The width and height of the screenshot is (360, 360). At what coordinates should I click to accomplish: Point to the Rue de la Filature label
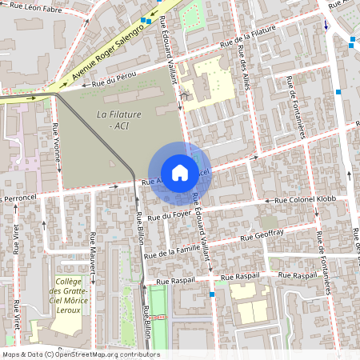point(249,34)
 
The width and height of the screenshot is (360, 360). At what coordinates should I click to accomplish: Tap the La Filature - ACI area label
point(118,121)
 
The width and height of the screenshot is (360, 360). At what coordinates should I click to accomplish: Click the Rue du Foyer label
point(168,215)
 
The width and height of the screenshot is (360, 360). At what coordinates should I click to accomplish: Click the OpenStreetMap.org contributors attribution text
point(80,354)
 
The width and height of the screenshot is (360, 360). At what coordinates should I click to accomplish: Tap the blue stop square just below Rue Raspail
point(211,294)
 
